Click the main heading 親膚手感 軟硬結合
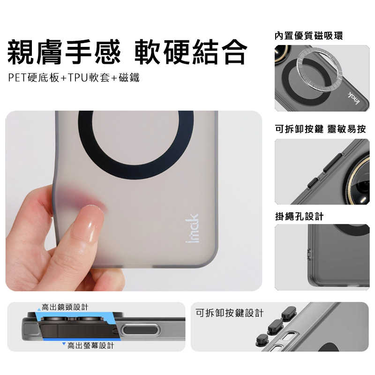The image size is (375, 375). (127, 52)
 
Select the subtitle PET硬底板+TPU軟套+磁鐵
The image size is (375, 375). (74, 77)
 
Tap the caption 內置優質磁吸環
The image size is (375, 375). (308, 36)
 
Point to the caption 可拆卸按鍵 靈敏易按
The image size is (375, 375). (320, 129)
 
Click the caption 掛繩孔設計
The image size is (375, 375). (299, 217)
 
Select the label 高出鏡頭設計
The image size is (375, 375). (65, 307)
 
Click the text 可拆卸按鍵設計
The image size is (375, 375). (230, 313)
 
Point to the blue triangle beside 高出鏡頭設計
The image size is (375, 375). (39, 309)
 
